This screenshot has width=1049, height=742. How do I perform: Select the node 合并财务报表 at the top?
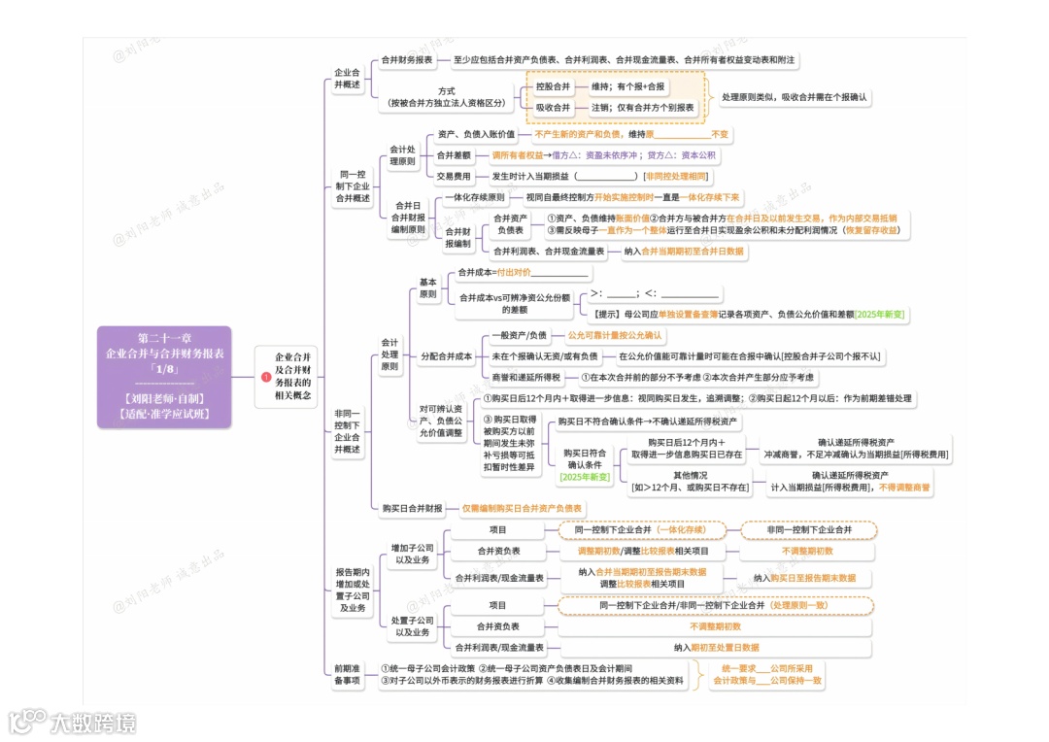click(407, 60)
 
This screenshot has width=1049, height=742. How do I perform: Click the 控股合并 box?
click(553, 86)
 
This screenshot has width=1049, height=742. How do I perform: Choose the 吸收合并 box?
click(553, 108)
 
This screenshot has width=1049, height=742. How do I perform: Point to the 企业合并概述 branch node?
click(347, 79)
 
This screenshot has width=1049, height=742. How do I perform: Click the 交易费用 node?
click(454, 177)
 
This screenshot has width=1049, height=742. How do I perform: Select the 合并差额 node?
click(454, 155)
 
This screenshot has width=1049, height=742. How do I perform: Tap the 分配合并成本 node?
click(447, 356)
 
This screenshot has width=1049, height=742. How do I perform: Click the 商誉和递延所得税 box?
click(526, 377)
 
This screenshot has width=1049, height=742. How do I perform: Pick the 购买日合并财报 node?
click(412, 508)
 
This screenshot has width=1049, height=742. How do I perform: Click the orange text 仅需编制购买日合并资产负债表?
click(522, 508)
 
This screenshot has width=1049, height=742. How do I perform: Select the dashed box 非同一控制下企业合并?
click(808, 530)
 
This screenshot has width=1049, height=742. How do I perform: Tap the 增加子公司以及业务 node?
click(412, 555)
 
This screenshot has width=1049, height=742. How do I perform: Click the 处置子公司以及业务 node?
click(412, 626)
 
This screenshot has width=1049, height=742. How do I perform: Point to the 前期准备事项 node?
click(347, 675)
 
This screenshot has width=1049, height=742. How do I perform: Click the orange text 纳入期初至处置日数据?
click(717, 647)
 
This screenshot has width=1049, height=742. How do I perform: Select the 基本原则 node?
click(427, 287)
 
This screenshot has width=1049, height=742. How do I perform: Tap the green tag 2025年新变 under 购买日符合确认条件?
click(585, 477)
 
